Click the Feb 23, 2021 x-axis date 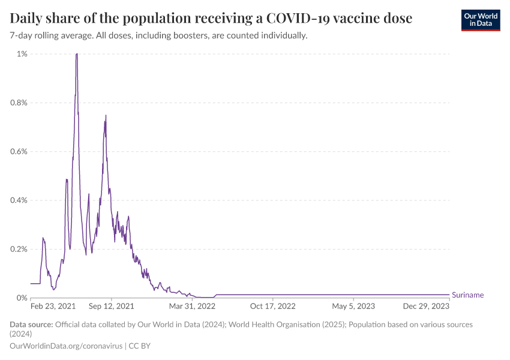tap(53, 306)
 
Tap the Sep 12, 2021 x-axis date tap(112, 306)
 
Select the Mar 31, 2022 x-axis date tap(192, 306)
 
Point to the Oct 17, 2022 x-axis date tap(273, 306)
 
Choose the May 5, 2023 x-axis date tap(353, 306)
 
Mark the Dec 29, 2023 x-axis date tap(426, 306)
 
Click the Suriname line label tap(467, 295)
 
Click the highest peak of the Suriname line tap(77, 54)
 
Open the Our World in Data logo tap(481, 20)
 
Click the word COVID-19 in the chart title tap(331, 19)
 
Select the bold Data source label tap(31, 325)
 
